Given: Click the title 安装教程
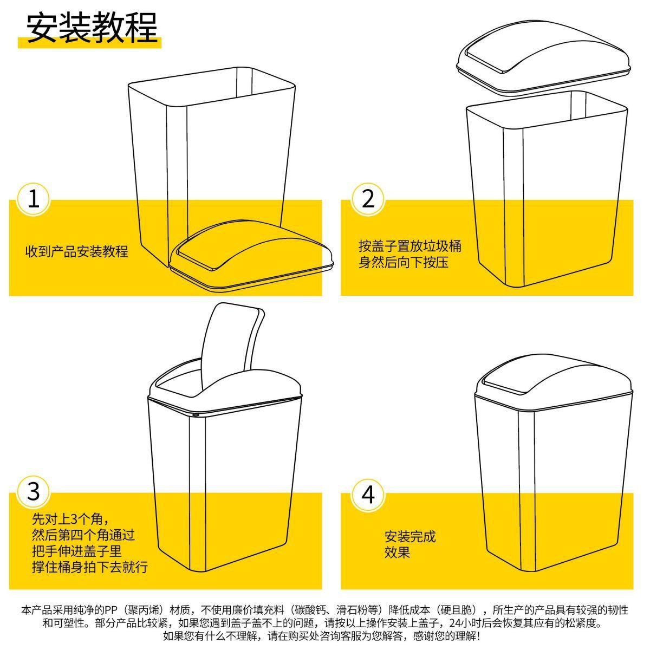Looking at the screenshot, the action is click(x=92, y=28).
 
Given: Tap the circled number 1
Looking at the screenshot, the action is click(x=33, y=199).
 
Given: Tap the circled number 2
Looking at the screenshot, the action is click(x=368, y=199).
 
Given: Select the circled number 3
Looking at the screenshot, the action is click(x=33, y=492).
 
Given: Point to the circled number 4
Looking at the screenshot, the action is click(x=368, y=495).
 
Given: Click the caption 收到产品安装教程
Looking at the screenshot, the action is click(x=77, y=252).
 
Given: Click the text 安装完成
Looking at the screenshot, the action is click(x=410, y=536).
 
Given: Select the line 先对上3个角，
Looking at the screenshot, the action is click(x=71, y=519).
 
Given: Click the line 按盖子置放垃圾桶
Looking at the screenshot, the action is click(x=410, y=246).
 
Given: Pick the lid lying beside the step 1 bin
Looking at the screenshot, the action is click(x=251, y=256).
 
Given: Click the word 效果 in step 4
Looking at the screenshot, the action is click(x=398, y=552).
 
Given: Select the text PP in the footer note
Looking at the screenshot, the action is click(x=110, y=610).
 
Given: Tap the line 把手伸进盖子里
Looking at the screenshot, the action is click(x=77, y=551).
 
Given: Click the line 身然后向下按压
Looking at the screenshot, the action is click(x=404, y=262).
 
